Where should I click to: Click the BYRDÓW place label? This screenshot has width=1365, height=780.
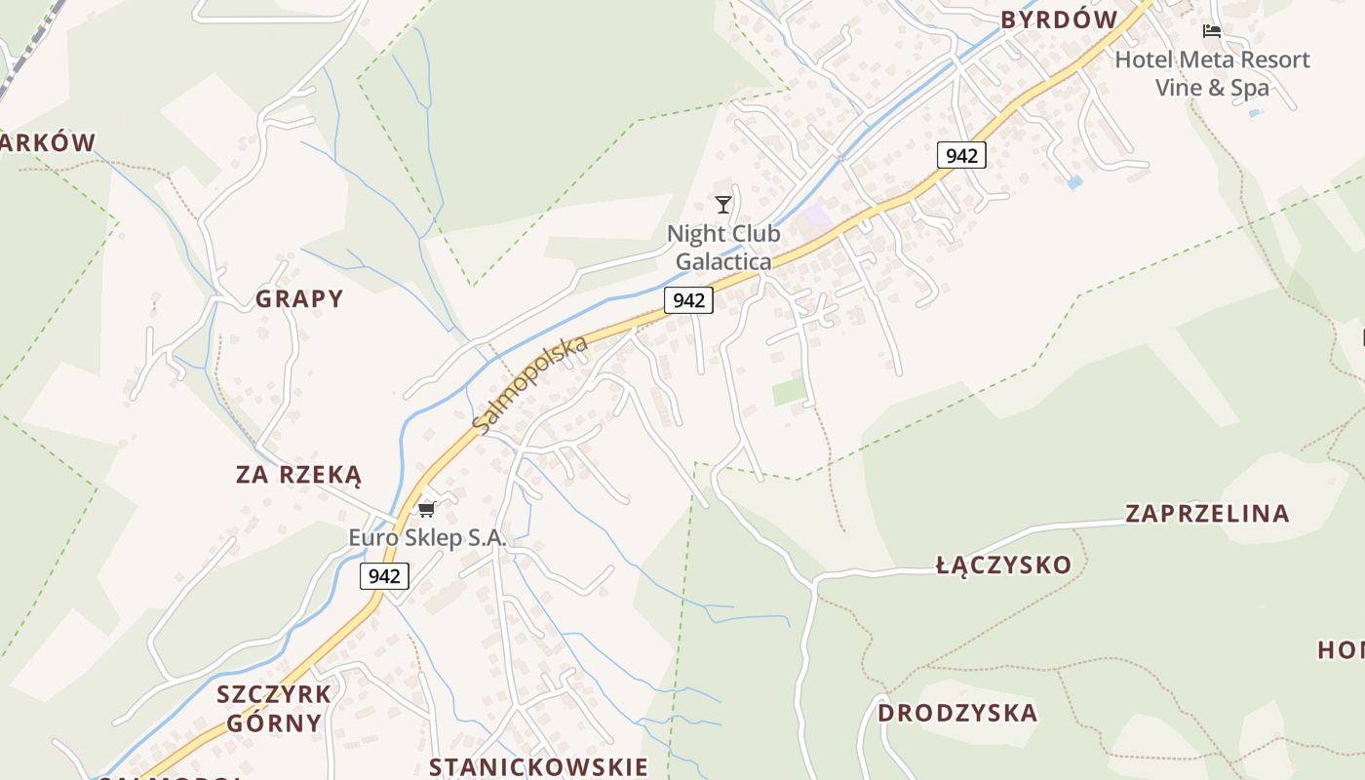(x=1059, y=19)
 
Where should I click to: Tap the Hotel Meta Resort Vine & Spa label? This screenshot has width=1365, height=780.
(x=1212, y=73)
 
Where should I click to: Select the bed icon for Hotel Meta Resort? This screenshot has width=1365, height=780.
(x=1212, y=31)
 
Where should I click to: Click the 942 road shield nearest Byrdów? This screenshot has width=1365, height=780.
(x=961, y=155)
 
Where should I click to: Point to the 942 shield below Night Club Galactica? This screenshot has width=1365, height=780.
(x=688, y=300)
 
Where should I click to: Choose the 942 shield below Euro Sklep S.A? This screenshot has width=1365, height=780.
(x=384, y=576)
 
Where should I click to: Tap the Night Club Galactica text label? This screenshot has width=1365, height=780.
(x=723, y=248)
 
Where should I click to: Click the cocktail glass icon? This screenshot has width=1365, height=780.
(x=722, y=204)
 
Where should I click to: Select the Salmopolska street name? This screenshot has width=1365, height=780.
(x=530, y=385)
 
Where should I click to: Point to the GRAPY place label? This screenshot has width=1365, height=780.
(x=299, y=298)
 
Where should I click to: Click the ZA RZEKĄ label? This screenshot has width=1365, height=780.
(x=298, y=475)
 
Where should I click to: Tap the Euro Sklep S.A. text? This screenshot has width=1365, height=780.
(x=428, y=537)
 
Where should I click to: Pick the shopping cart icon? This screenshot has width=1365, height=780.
(x=426, y=509)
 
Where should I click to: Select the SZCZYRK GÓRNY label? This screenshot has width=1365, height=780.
(x=274, y=709)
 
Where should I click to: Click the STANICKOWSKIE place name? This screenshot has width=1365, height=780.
(x=538, y=766)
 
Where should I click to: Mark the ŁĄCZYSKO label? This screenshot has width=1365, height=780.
(x=1003, y=565)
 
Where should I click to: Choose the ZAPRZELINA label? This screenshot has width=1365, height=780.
(x=1207, y=513)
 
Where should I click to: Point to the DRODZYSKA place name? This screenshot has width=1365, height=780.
(x=957, y=713)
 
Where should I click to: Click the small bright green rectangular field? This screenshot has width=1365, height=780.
(x=790, y=392)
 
